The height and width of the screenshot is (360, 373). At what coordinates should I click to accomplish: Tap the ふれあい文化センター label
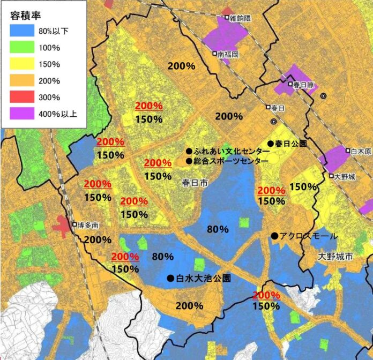point(228,151)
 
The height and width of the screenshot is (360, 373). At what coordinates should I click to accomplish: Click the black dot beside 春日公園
point(270,144)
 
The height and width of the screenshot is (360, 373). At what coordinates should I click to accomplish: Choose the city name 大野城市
point(335,257)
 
